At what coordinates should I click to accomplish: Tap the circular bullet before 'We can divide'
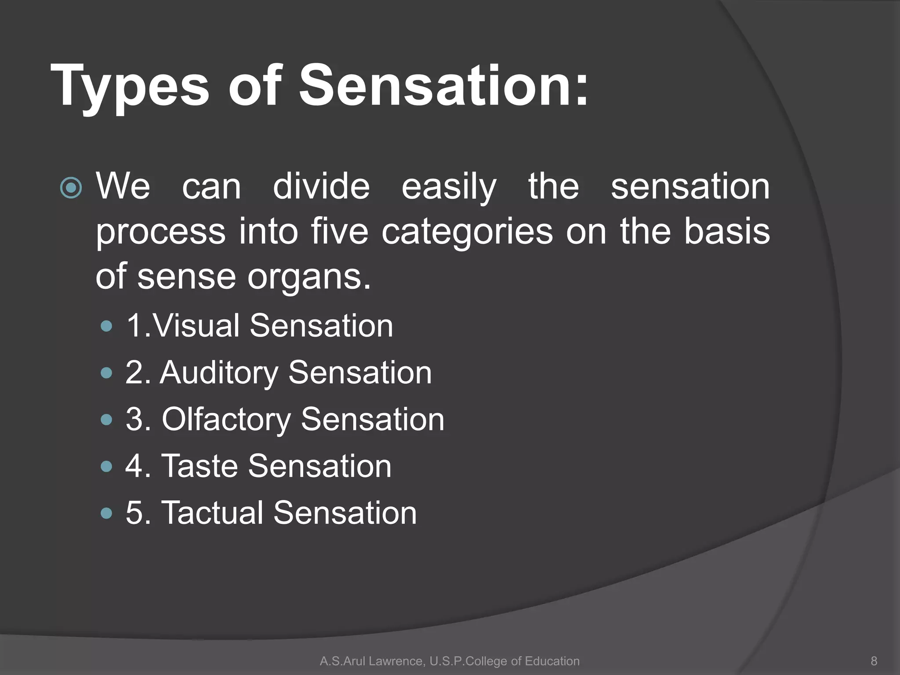point(71,188)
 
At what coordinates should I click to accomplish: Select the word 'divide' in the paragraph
point(321,186)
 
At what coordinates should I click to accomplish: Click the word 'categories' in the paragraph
point(467,232)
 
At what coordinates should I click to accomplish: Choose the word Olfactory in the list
point(226,420)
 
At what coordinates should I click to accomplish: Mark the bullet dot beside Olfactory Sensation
point(106,420)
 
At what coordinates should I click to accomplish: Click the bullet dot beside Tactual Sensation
point(106,513)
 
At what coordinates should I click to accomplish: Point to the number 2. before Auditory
point(138,373)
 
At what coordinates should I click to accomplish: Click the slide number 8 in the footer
point(874,661)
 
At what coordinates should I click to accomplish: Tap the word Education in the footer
point(552,661)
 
